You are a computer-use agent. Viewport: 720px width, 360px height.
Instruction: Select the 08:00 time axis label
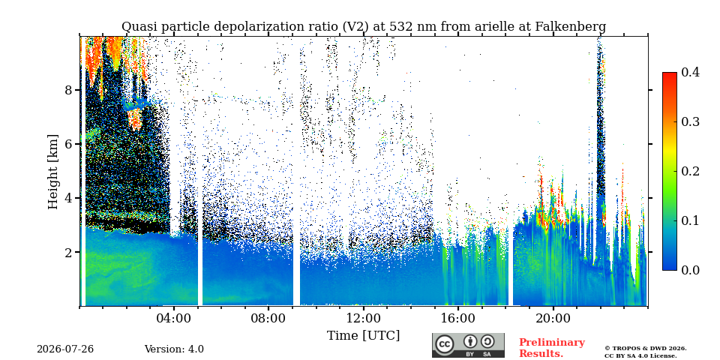268,318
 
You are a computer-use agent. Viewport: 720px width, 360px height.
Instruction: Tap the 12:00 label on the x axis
363,318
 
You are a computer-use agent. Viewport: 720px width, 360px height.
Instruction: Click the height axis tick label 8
69,89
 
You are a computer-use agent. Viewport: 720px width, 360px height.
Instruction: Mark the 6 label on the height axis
69,144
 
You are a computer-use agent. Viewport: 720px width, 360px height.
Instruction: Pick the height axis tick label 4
69,198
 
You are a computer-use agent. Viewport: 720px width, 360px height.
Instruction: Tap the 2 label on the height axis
69,252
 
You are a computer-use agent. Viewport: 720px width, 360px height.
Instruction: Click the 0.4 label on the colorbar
690,72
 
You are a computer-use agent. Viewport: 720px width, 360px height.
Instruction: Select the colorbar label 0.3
690,121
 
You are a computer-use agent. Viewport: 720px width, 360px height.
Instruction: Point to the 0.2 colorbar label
690,171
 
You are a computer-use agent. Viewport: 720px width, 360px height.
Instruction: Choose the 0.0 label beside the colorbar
690,270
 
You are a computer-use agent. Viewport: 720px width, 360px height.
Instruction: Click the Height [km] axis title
53,172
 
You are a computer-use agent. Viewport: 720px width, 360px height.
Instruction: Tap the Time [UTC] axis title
363,336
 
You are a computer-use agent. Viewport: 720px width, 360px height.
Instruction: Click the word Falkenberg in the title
570,27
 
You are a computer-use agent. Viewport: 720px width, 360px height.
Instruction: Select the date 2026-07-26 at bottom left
65,349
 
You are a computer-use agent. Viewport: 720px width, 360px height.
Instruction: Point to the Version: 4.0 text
174,349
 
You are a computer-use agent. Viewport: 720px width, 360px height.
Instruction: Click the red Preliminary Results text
551,348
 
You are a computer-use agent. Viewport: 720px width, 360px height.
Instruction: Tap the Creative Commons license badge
468,345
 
